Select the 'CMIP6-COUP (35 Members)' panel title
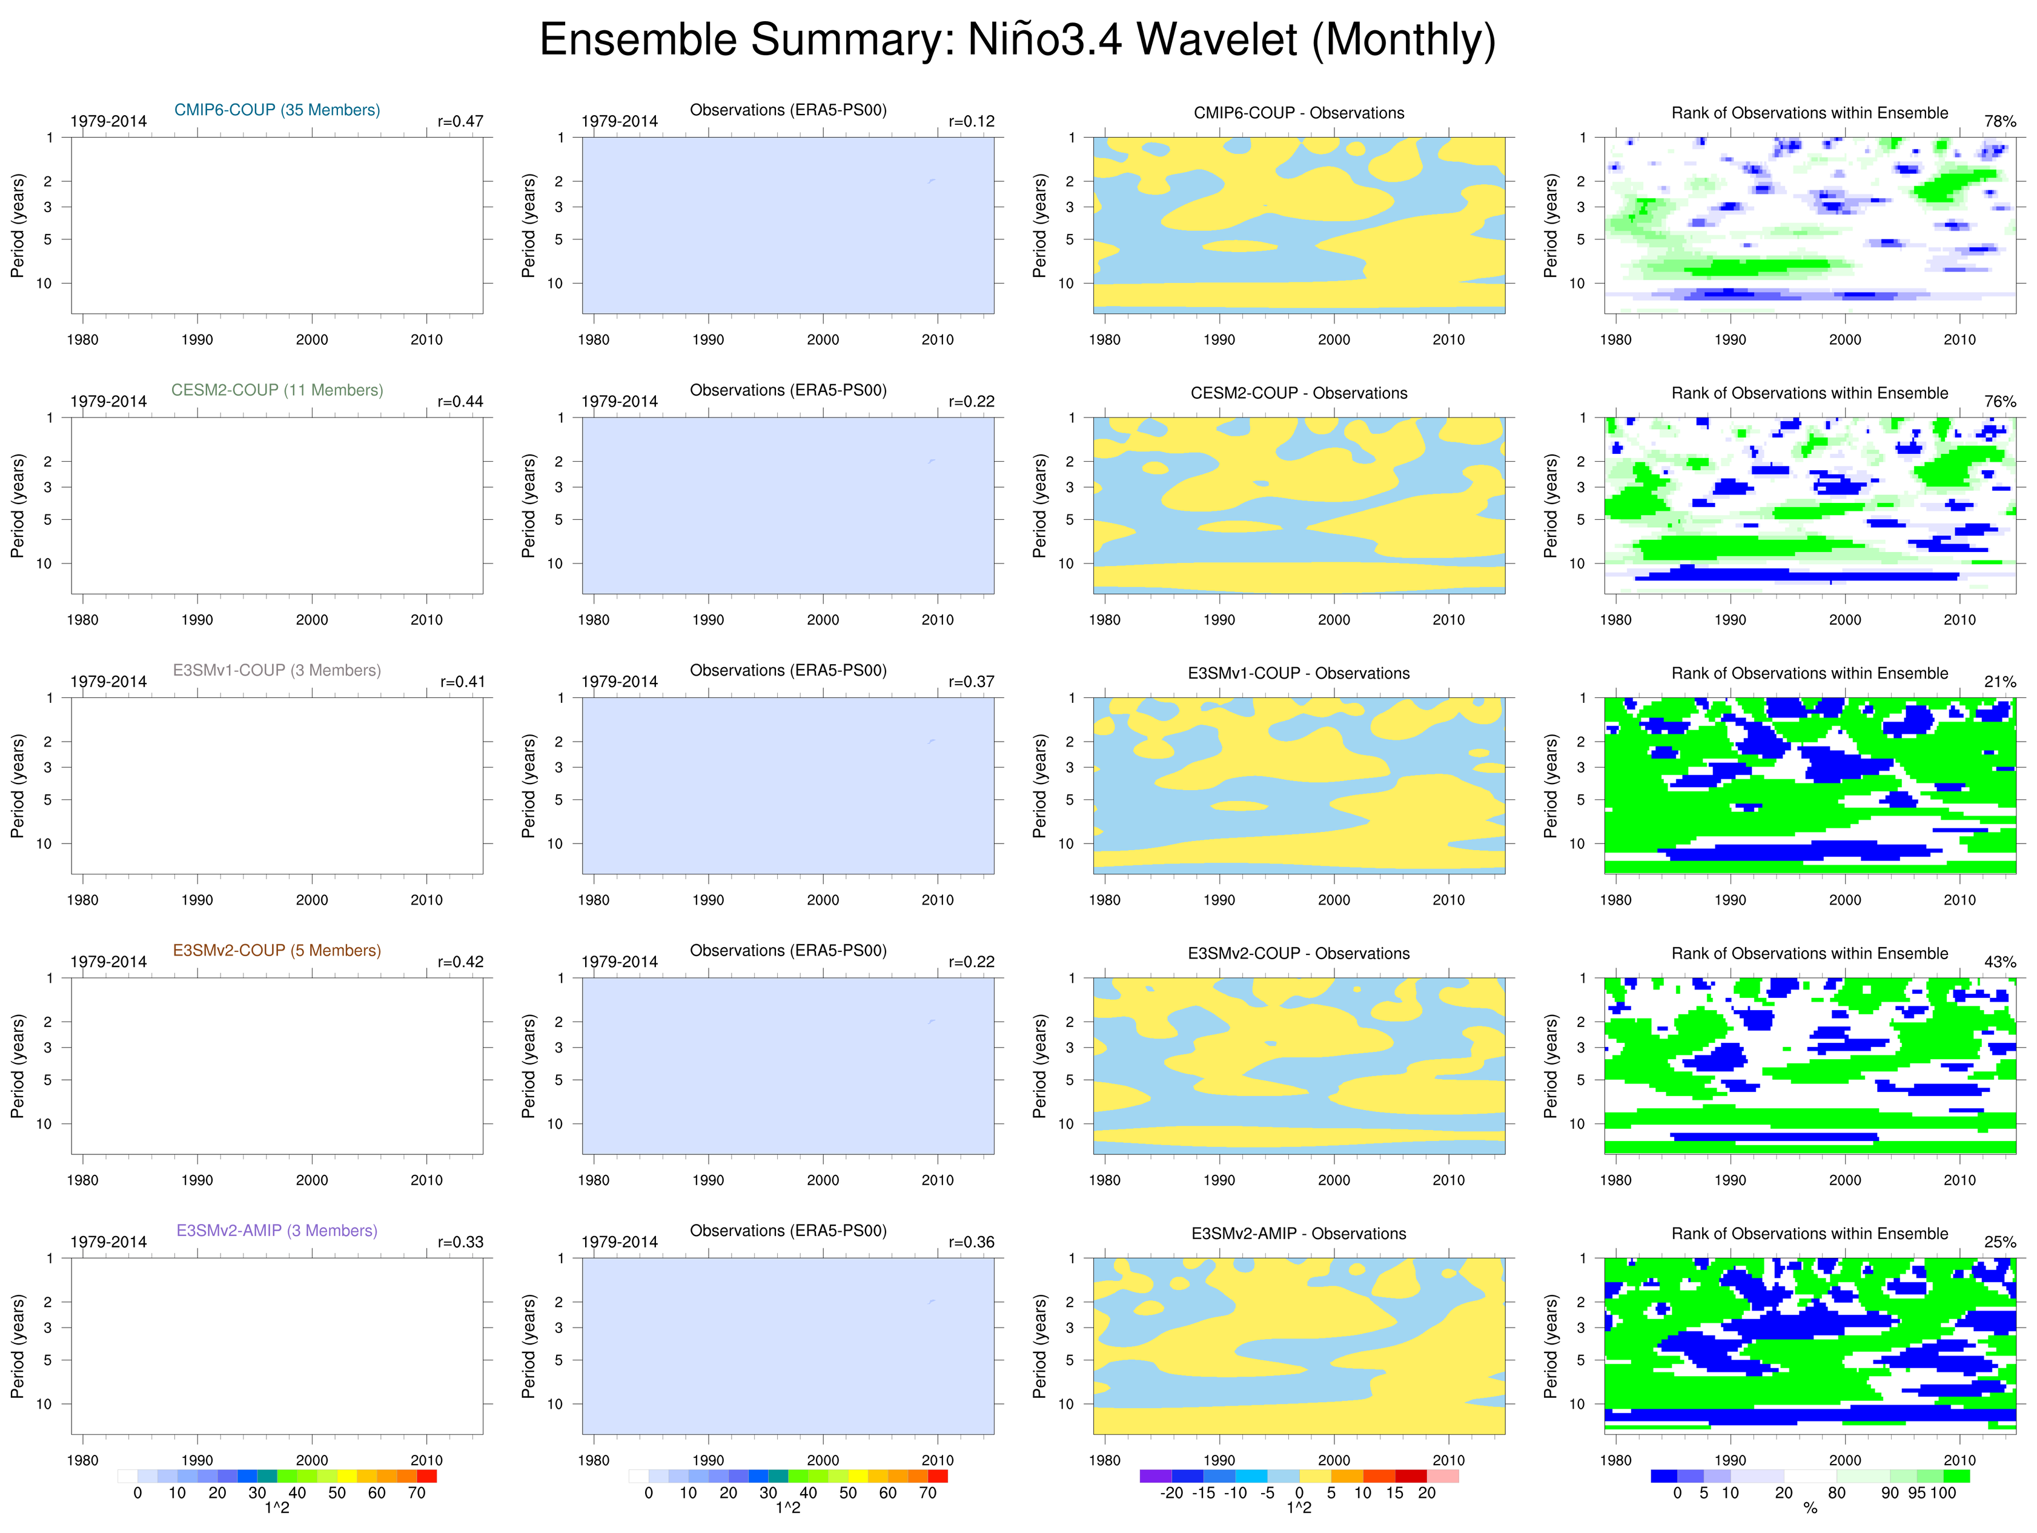tap(277, 110)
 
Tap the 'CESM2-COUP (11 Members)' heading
tap(277, 390)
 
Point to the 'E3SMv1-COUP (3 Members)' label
tap(277, 670)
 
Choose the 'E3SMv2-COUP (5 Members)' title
tap(277, 950)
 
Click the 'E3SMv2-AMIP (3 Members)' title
tap(277, 1230)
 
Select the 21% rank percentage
tap(2000, 682)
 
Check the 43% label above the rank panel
tap(2000, 962)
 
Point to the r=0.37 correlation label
tap(972, 682)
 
